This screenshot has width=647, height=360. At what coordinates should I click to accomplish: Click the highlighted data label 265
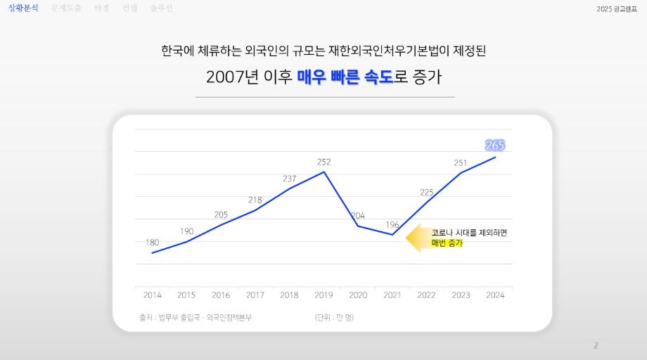coord(495,146)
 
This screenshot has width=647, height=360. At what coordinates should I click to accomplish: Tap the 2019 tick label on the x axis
coord(323,295)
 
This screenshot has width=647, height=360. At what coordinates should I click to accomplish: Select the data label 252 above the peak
coord(323,162)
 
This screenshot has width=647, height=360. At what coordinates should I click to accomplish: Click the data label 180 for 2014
coord(152,243)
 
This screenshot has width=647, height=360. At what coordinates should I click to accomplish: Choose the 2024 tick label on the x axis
coord(495,295)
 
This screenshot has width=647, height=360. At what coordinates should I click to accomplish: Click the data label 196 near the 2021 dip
coord(392,225)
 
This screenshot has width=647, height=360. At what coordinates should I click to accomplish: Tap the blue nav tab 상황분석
coord(24,8)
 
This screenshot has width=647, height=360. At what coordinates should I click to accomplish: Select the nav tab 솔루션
coord(161,8)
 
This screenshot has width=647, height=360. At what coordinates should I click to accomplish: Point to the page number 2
coord(596,345)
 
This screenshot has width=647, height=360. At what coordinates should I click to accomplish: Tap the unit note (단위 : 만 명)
coord(334,318)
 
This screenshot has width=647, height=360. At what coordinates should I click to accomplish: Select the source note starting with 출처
coord(196,318)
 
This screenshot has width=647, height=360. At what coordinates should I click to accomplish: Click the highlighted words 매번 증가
coord(447,243)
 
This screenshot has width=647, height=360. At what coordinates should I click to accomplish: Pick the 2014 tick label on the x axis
coord(152,295)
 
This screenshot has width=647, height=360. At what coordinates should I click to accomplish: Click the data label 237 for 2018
coord(289,179)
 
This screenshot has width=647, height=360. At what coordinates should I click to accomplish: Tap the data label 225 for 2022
coord(426,192)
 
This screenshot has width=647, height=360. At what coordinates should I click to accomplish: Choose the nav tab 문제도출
coord(66,8)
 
